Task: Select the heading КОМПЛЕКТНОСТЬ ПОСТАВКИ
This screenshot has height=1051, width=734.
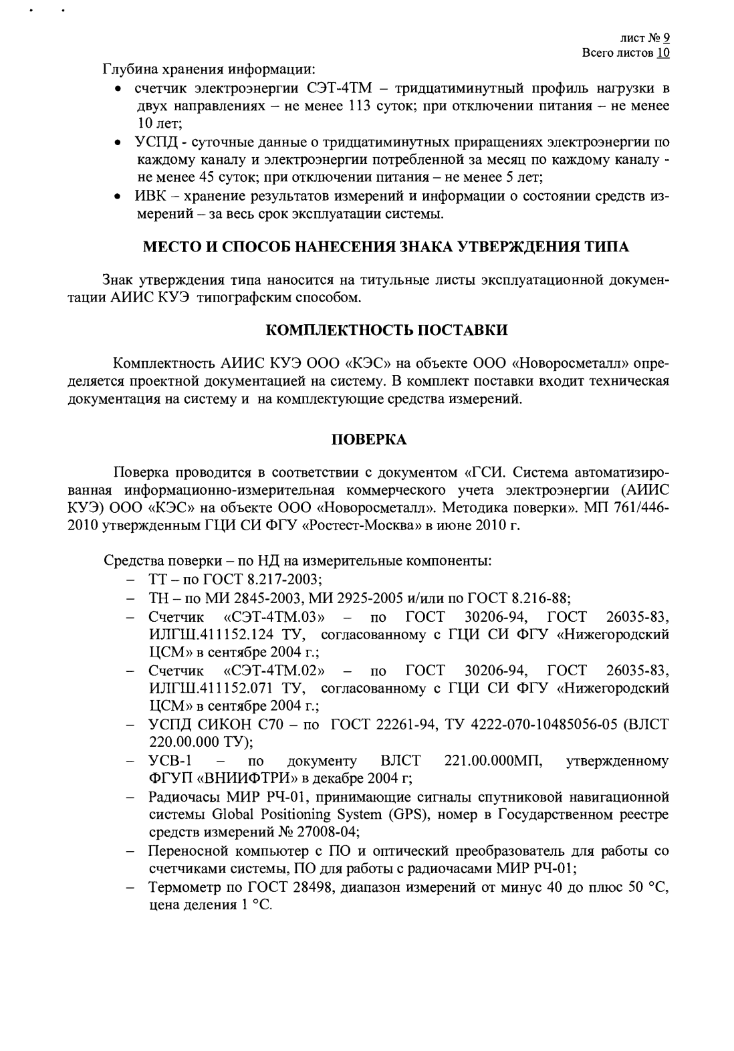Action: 387,330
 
